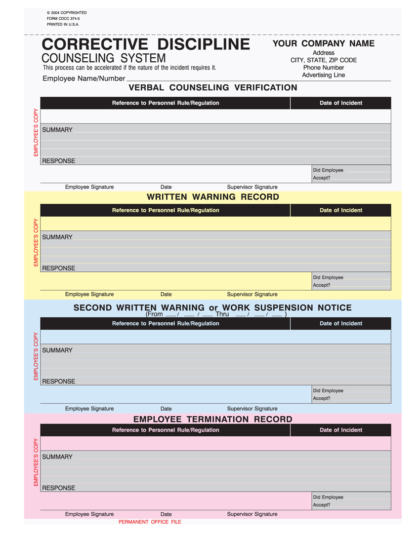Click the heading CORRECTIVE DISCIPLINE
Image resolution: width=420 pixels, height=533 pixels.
click(146, 44)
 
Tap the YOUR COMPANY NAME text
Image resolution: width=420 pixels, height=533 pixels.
click(324, 43)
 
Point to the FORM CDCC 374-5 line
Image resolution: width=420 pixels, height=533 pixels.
click(60, 18)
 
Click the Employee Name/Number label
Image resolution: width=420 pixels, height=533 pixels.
click(84, 78)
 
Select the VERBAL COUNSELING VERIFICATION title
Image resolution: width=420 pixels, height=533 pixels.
click(213, 88)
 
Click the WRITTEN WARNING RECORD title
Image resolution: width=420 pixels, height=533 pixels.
click(213, 197)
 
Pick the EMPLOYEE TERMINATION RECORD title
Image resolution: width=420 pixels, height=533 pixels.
click(213, 419)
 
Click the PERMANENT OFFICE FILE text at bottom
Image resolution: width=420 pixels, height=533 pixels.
click(150, 522)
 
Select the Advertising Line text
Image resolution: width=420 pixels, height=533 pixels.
click(324, 75)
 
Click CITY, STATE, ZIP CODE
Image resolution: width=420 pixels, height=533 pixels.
click(324, 60)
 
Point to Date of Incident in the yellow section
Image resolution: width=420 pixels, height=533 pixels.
click(341, 210)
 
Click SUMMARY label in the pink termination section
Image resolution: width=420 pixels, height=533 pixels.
click(57, 457)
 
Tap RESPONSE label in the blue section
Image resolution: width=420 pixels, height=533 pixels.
click(58, 381)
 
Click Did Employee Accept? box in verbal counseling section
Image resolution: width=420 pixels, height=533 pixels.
click(351, 174)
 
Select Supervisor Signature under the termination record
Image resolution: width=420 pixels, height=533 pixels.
click(252, 514)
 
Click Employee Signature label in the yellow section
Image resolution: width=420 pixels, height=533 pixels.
click(89, 294)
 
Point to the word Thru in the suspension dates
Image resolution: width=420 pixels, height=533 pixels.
click(222, 314)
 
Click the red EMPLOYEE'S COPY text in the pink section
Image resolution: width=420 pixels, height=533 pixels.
click(36, 462)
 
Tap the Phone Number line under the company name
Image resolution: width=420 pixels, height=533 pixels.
click(324, 68)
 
